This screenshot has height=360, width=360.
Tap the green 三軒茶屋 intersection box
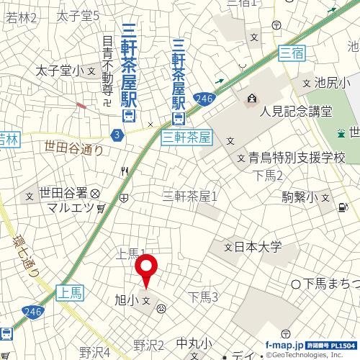186,135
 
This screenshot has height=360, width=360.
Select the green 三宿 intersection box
292,52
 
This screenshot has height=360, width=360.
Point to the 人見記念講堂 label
297,112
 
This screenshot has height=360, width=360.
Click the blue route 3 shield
117,134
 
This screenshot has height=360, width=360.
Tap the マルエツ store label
66,208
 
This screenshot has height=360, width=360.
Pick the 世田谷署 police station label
63,193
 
